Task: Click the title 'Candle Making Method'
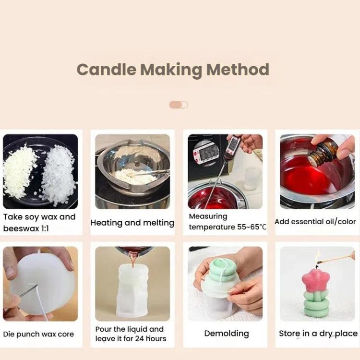[173, 70]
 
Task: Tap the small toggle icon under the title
[178, 105]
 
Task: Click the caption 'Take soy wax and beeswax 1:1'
[39, 223]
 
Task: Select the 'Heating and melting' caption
[132, 223]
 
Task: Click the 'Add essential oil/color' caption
[315, 222]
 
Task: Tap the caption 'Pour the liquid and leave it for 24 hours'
[131, 334]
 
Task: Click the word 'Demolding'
[227, 334]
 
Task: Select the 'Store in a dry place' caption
[318, 334]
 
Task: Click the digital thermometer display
[209, 153]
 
